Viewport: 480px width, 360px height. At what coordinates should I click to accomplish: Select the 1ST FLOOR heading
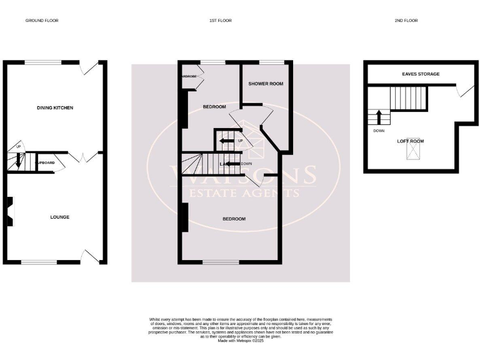(x=221, y=21)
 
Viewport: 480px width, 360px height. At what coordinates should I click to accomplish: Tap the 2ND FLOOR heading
(x=406, y=21)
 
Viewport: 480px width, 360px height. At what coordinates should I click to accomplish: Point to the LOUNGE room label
(x=59, y=217)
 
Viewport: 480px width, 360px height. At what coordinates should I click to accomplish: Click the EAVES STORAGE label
(x=421, y=74)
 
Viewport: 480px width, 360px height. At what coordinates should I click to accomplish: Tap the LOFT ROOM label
(x=410, y=141)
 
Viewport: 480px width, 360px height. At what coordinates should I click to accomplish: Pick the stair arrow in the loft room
(x=378, y=117)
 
